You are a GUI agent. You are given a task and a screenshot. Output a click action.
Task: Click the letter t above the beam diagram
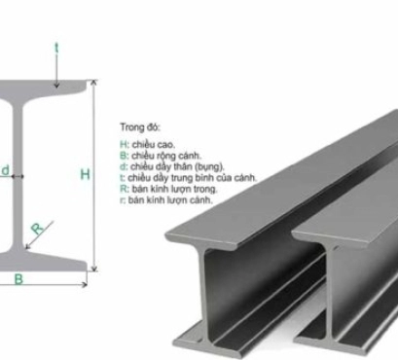click(x=56, y=46)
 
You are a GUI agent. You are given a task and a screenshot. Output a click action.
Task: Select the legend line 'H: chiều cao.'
click(x=149, y=146)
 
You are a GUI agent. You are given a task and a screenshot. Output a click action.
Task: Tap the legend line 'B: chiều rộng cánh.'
click(x=162, y=156)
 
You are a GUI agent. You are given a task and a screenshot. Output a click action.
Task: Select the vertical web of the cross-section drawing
click(x=18, y=175)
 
